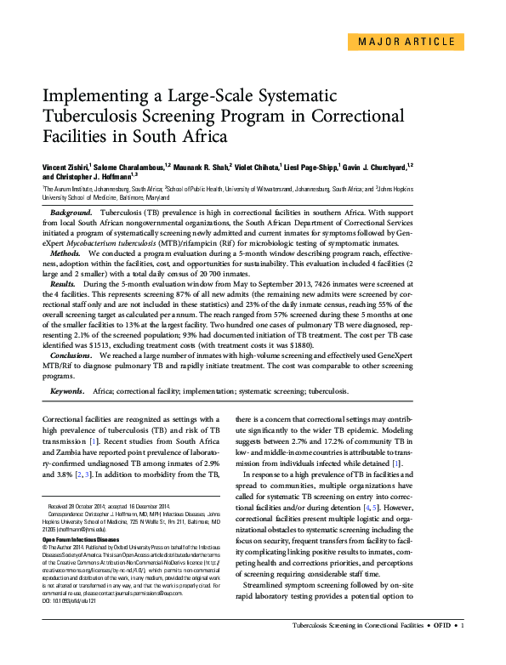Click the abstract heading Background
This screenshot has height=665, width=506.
[71, 210]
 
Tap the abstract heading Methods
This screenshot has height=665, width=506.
[66, 253]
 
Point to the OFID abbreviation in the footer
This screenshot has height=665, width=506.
[442, 650]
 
